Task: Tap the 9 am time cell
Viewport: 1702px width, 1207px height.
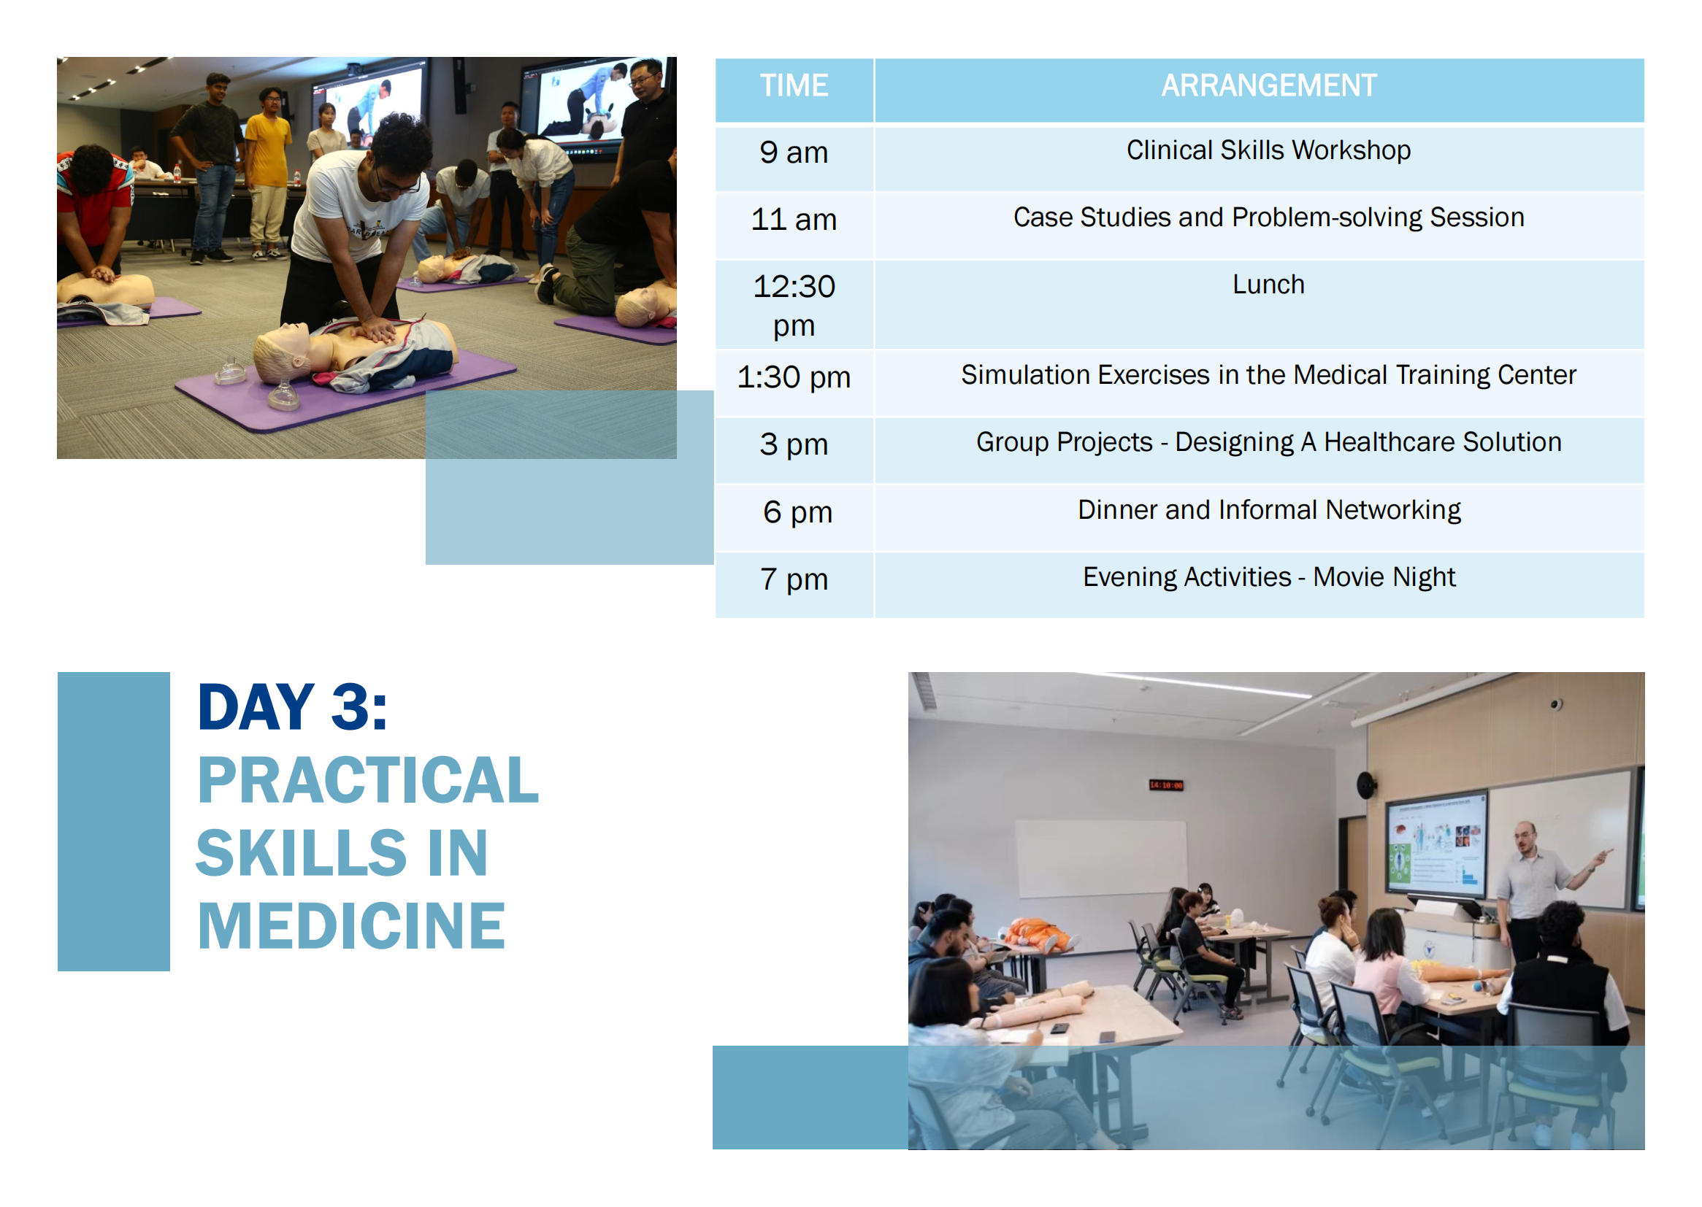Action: [x=794, y=153]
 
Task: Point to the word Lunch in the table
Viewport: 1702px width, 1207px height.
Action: [x=1268, y=285]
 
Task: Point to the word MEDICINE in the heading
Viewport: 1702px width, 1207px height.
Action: [x=351, y=926]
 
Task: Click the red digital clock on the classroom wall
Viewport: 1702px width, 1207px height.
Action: [x=1166, y=786]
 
